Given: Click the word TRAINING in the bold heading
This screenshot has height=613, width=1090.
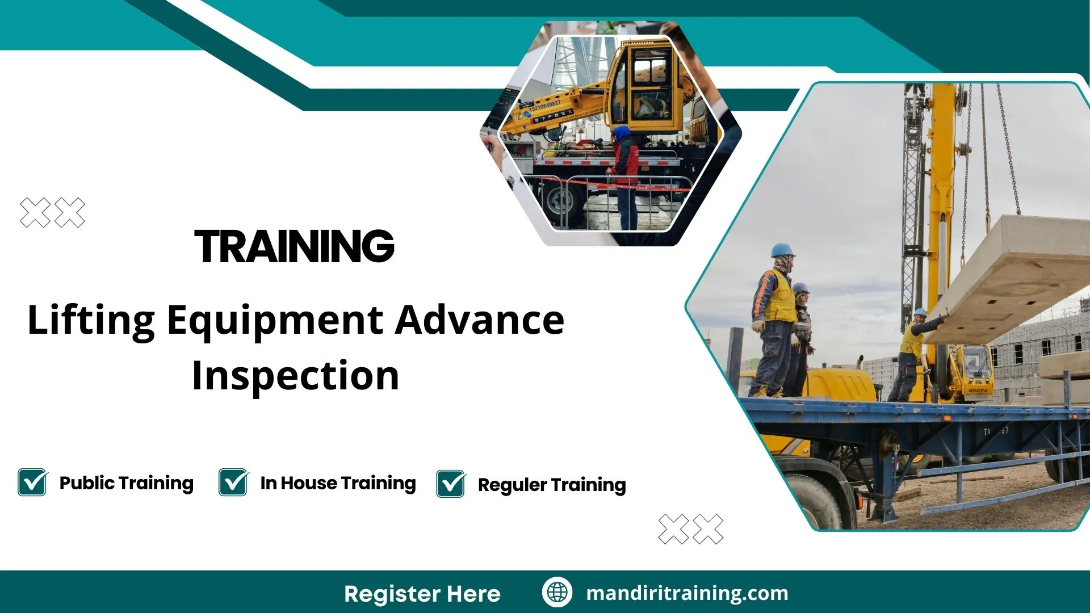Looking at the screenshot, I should (294, 246).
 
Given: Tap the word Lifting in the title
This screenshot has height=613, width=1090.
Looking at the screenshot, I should (91, 321).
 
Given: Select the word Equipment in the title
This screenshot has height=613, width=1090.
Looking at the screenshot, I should (275, 321).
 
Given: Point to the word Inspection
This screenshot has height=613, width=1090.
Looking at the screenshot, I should (295, 376).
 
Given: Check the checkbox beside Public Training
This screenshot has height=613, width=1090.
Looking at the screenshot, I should (32, 482).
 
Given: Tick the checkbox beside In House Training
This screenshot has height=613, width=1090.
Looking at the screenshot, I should (233, 482).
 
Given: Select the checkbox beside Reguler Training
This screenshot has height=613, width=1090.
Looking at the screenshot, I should (451, 484).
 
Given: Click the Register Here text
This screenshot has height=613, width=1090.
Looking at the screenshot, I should (422, 594).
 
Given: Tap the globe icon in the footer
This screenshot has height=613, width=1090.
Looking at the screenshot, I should (557, 593).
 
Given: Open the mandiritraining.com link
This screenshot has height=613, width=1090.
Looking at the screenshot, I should (687, 593).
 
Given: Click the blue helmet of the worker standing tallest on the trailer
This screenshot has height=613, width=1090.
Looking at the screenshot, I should (782, 250).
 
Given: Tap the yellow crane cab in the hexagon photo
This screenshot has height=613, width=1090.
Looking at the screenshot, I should (650, 85).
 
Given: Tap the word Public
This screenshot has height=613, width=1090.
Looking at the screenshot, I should (87, 483).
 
